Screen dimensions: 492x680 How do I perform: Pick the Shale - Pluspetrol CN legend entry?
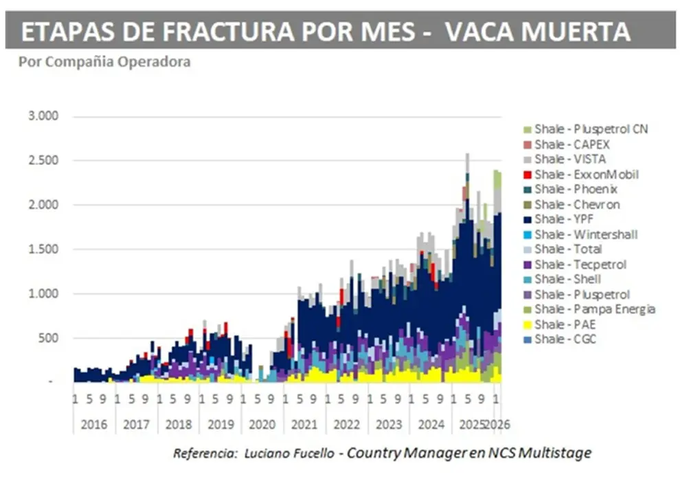pos(591,128)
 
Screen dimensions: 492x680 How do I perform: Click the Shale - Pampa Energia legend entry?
pos(594,309)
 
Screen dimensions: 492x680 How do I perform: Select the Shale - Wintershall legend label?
pos(586,234)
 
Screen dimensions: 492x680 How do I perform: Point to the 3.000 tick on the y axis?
pos(43,116)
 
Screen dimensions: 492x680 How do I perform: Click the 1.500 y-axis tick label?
pos(43,249)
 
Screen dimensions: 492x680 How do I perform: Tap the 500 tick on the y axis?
pos(47,338)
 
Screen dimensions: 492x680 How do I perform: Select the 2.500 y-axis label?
pos(43,161)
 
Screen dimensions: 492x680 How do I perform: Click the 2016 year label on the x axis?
pos(93,424)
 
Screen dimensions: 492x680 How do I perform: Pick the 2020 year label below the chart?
pos(261,424)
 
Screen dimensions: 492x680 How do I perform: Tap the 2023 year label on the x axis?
pos(387,424)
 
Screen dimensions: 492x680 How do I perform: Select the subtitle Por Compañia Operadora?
pos(104,62)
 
